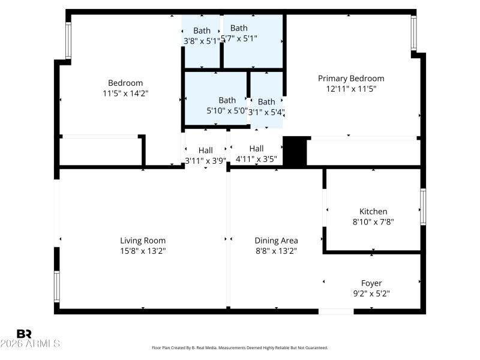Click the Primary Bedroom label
click(351, 79)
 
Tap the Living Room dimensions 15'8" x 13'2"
click(143, 251)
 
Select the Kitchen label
click(373, 211)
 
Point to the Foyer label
click(371, 283)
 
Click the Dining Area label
click(276, 241)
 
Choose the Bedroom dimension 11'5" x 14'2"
click(125, 93)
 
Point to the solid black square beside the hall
click(295, 151)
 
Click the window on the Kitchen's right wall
click(423, 207)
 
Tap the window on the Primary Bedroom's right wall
click(413, 33)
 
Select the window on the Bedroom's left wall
click(68, 40)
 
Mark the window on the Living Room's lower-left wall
click(57, 286)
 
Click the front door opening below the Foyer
click(336, 311)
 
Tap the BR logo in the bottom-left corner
click(25, 334)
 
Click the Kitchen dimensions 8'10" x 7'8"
click(373, 221)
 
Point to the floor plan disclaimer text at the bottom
click(240, 347)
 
